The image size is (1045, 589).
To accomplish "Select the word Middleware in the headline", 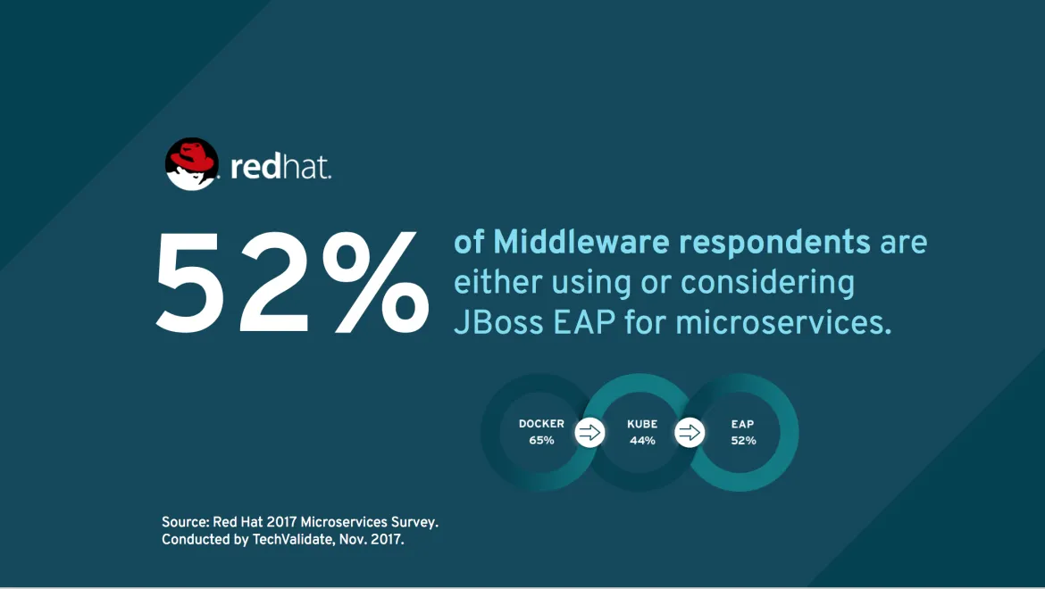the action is pyautogui.click(x=581, y=242).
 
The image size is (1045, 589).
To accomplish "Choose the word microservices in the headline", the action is pyautogui.click(x=783, y=323).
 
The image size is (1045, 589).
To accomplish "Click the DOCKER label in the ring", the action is pyautogui.click(x=541, y=424).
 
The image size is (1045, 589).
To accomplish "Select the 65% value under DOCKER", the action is pyautogui.click(x=541, y=441).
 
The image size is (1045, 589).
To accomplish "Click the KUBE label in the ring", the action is pyautogui.click(x=642, y=424).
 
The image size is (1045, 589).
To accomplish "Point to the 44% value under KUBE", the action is pyautogui.click(x=642, y=441).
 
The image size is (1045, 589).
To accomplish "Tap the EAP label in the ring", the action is pyautogui.click(x=742, y=424).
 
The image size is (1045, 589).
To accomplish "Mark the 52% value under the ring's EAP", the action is pyautogui.click(x=743, y=441).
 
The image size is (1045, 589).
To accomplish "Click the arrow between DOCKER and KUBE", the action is pyautogui.click(x=589, y=433).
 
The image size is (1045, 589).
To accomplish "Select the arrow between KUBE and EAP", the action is pyautogui.click(x=690, y=433).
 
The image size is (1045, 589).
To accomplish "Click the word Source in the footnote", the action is pyautogui.click(x=185, y=522).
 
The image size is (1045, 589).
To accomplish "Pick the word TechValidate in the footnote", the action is pyautogui.click(x=293, y=539).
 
